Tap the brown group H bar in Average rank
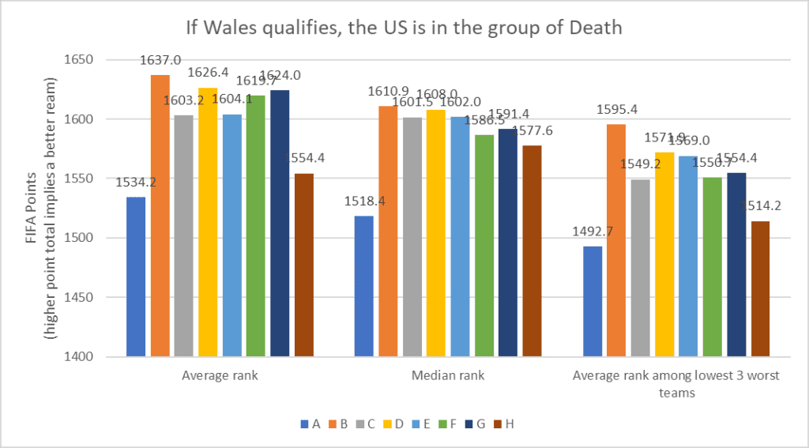tap(304, 265)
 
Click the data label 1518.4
tap(362, 201)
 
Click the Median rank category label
tap(448, 376)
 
